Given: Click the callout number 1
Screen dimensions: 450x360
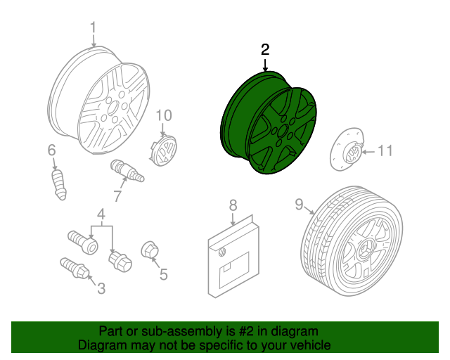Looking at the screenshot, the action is (93, 28).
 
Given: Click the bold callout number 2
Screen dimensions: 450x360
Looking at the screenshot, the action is (265, 49).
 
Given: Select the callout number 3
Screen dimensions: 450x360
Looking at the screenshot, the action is (101, 288).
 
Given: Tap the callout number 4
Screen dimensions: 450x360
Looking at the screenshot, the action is (101, 214).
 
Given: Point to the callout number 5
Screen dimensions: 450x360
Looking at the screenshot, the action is (163, 274).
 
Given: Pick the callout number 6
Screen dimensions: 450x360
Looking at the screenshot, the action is (51, 150).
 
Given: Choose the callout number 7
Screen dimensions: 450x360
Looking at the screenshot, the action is (117, 196).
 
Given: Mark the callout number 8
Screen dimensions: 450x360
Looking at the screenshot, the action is (233, 205).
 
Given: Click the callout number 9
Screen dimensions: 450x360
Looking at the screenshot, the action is (299, 205).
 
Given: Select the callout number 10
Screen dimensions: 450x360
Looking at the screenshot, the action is (164, 115).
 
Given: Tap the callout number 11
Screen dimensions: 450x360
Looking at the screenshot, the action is (385, 150).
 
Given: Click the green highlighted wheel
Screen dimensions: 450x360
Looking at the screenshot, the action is (269, 124).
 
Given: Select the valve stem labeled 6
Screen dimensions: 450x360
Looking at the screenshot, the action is (59, 185).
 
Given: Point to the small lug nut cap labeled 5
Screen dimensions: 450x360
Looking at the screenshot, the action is (150, 250).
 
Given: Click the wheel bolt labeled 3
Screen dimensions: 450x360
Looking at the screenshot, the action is (75, 268).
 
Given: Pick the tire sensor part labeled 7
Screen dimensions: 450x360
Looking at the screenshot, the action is (127, 171).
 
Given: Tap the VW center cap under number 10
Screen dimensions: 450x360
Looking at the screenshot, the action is (164, 150).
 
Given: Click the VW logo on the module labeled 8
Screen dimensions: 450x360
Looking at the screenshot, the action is (222, 252).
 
